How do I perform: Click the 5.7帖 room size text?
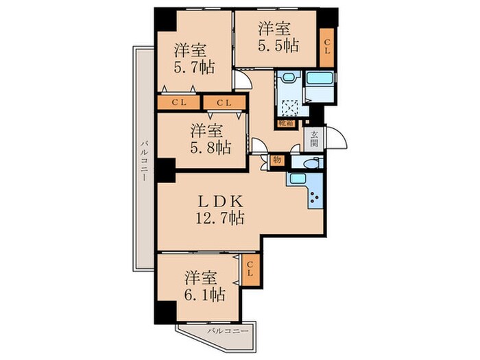point(192,68)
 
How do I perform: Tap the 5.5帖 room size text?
point(277,46)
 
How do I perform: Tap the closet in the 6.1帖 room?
point(250,269)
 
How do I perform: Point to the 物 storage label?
point(276,160)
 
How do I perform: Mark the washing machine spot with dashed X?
point(289,106)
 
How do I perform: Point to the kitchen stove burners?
point(317,199)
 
